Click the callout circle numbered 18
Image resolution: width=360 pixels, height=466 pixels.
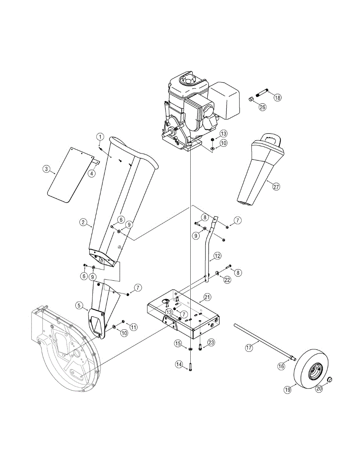tap(277, 97)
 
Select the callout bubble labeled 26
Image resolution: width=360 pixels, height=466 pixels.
tap(262, 107)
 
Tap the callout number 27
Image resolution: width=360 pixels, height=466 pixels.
tap(276, 186)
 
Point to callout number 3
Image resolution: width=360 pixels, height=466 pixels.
tap(46, 169)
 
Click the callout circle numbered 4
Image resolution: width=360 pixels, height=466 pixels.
tap(92, 174)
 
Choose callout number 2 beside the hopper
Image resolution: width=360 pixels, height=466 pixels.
tap(83, 222)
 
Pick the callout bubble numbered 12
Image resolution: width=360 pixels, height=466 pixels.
tap(217, 256)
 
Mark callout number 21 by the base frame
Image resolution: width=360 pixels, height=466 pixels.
tap(207, 297)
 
